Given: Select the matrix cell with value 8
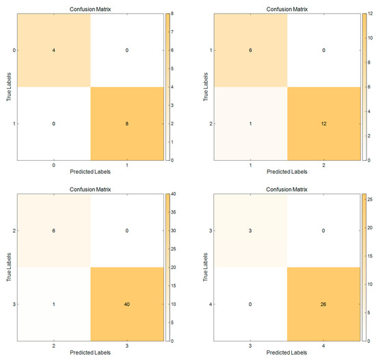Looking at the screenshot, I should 126,123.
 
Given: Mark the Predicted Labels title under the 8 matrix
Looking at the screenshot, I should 90,174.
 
